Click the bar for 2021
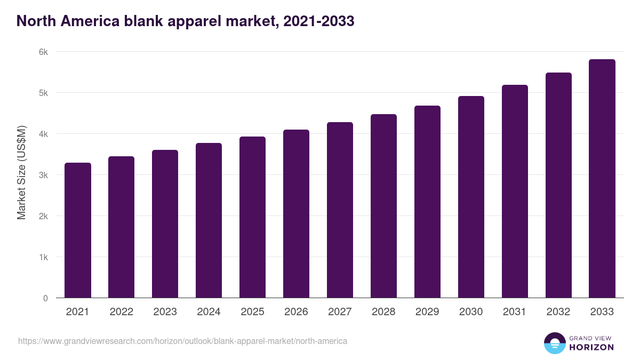[78, 230]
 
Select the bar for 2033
[602, 179]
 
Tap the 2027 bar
[340, 210]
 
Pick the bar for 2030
[471, 197]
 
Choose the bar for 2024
[209, 220]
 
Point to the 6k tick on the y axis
[43, 52]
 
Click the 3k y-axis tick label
[43, 175]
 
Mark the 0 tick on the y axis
[45, 298]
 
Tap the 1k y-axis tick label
[43, 257]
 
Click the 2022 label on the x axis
[121, 312]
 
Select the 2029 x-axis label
[427, 312]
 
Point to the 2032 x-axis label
[558, 312]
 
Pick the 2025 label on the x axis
[252, 312]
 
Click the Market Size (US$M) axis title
[21, 172]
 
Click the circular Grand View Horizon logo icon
[555, 343]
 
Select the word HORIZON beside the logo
[591, 347]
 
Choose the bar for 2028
[383, 206]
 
